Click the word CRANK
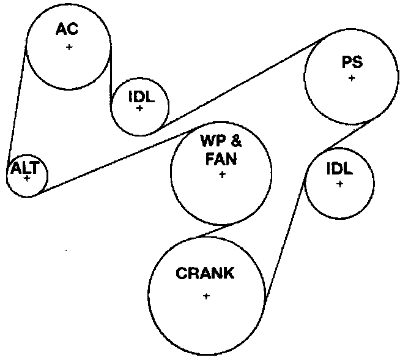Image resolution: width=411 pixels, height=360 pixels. click(205, 274)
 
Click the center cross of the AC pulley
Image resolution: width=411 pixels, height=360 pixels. click(69, 47)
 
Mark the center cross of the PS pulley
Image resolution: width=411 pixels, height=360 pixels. click(352, 78)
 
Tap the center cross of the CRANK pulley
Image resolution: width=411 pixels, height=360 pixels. click(206, 296)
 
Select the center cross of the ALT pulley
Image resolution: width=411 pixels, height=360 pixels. click(27, 179)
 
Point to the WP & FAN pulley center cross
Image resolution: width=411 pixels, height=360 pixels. click(221, 174)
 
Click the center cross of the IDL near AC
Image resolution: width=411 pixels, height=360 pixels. click(140, 108)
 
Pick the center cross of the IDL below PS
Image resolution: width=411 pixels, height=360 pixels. click(339, 184)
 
